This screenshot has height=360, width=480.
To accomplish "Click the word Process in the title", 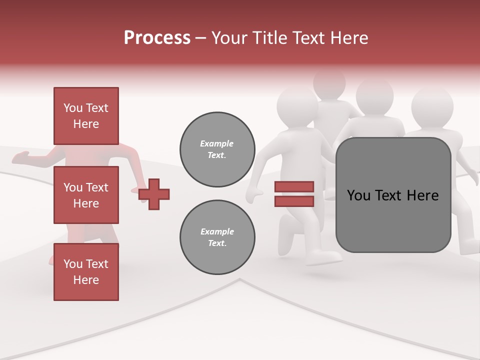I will [157, 38].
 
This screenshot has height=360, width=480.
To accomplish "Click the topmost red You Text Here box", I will [86, 116].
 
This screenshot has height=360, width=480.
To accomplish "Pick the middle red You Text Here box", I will [86, 195].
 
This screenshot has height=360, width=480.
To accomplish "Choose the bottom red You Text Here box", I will [86, 272].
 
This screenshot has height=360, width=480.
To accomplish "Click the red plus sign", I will [154, 194].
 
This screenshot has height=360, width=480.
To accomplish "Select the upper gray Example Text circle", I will [217, 149].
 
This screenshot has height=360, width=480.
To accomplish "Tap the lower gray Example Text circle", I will [217, 237].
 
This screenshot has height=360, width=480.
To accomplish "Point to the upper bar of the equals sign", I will [294, 187].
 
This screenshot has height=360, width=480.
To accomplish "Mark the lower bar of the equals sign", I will [294, 201].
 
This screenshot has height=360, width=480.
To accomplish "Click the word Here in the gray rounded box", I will [422, 195].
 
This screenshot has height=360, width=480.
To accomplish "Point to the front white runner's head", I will [297, 107].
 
